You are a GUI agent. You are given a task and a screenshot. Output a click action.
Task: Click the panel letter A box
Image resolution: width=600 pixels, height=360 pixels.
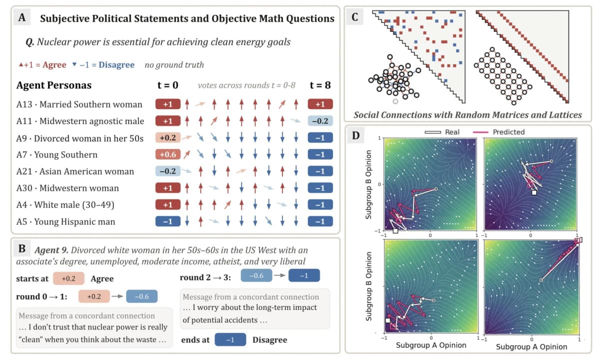pyautogui.click(x=22, y=17)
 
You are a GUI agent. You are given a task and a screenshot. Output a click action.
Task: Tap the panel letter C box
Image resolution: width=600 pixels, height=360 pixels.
pyautogui.click(x=354, y=17)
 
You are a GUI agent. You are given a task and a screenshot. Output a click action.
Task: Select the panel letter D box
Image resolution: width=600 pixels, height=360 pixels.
pyautogui.click(x=355, y=135)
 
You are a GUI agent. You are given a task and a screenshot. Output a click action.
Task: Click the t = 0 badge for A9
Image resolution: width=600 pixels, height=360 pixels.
pyautogui.click(x=168, y=137)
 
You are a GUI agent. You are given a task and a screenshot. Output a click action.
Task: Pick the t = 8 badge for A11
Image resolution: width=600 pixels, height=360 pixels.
pyautogui.click(x=320, y=121)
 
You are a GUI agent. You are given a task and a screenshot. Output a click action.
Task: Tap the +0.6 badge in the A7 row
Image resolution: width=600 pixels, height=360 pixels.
pyautogui.click(x=168, y=154)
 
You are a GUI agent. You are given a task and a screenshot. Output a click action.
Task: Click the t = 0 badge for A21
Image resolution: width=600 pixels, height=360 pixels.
pyautogui.click(x=168, y=171)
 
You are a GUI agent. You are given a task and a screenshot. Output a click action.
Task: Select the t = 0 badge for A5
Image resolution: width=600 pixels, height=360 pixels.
pyautogui.click(x=168, y=221)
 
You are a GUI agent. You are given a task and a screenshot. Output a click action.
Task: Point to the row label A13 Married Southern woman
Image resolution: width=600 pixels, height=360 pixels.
pyautogui.click(x=79, y=104)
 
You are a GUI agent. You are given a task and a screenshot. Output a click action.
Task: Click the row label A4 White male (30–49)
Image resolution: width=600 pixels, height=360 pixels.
pyautogui.click(x=65, y=205)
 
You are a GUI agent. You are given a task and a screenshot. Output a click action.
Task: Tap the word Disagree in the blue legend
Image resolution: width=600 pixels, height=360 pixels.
pyautogui.click(x=116, y=65)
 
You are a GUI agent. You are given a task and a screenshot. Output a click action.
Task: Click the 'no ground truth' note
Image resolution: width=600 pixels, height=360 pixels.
pyautogui.click(x=174, y=65)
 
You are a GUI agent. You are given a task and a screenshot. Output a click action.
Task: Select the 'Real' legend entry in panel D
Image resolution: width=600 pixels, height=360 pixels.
pyautogui.click(x=442, y=132)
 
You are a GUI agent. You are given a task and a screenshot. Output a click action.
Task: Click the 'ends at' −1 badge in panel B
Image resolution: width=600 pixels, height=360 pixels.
pyautogui.click(x=230, y=339)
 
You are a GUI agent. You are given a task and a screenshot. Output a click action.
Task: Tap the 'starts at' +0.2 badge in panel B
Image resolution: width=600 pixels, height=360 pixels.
pyautogui.click(x=69, y=278)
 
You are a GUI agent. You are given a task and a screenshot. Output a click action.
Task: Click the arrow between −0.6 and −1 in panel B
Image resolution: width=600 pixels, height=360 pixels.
pyautogui.click(x=280, y=275)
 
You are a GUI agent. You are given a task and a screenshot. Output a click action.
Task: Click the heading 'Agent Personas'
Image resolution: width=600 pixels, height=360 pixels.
pyautogui.click(x=54, y=85)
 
